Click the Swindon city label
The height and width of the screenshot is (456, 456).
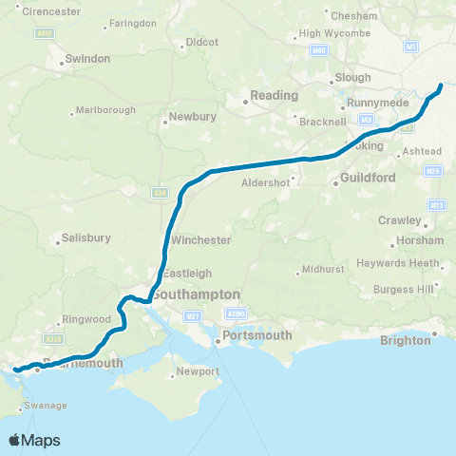(x=86, y=59)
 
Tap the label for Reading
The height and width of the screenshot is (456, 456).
(x=275, y=96)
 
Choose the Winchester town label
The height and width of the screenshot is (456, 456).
(x=199, y=240)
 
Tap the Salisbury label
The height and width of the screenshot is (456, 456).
(x=86, y=237)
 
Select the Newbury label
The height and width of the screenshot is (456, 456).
(x=193, y=118)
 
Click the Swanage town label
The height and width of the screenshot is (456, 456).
(x=45, y=406)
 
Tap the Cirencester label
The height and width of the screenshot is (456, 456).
(x=47, y=11)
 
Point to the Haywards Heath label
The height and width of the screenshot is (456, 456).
(x=398, y=263)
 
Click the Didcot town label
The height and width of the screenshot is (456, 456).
(x=202, y=42)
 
